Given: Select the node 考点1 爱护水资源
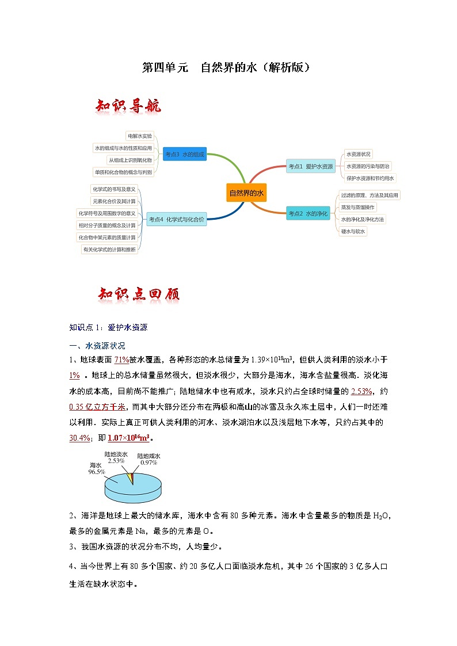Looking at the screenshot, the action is pyautogui.click(x=310, y=166).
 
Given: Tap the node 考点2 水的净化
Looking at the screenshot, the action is pyautogui.click(x=308, y=213).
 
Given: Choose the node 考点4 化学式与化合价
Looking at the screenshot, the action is pyautogui.click(x=176, y=219).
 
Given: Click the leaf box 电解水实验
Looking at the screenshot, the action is pyautogui.click(x=140, y=136).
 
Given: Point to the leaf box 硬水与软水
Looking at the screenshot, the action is pyautogui.click(x=353, y=231).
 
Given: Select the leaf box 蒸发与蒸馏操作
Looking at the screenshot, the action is pyautogui.click(x=357, y=207).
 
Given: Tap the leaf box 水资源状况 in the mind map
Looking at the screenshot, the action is pyautogui.click(x=359, y=154).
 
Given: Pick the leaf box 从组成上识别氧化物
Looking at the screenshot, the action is pyautogui.click(x=130, y=160).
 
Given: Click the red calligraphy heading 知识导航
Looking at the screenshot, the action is pyautogui.click(x=128, y=106).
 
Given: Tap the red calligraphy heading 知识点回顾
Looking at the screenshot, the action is pyautogui.click(x=139, y=294).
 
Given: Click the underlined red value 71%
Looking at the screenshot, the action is pyautogui.click(x=121, y=360).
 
